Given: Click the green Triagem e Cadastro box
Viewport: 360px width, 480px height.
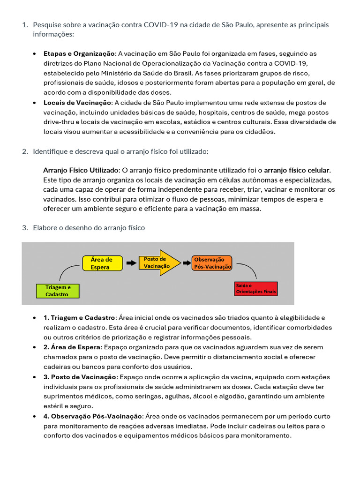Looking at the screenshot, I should click(58, 291).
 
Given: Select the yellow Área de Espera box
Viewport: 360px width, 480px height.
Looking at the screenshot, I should click(102, 263).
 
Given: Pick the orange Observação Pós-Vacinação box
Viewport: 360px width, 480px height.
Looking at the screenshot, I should click(212, 263).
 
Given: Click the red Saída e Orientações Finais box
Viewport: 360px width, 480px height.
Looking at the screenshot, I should click(256, 288).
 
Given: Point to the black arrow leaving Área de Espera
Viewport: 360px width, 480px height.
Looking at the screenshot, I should click(131, 263).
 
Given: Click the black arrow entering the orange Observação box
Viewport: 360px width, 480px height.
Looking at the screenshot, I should click(186, 263).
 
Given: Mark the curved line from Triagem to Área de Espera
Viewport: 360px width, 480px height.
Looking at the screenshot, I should click(68, 271).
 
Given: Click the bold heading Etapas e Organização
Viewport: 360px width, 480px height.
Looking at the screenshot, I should click(79, 54).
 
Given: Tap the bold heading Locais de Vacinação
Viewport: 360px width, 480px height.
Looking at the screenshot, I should click(77, 103).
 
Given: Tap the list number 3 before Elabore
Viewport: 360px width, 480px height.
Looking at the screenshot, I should click(25, 228).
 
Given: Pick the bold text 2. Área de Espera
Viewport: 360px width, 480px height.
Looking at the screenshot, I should click(72, 347).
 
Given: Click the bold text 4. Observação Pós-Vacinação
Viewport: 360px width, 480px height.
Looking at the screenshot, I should click(92, 416).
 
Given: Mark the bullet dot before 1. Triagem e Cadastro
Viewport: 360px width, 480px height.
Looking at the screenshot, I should click(35, 318).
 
